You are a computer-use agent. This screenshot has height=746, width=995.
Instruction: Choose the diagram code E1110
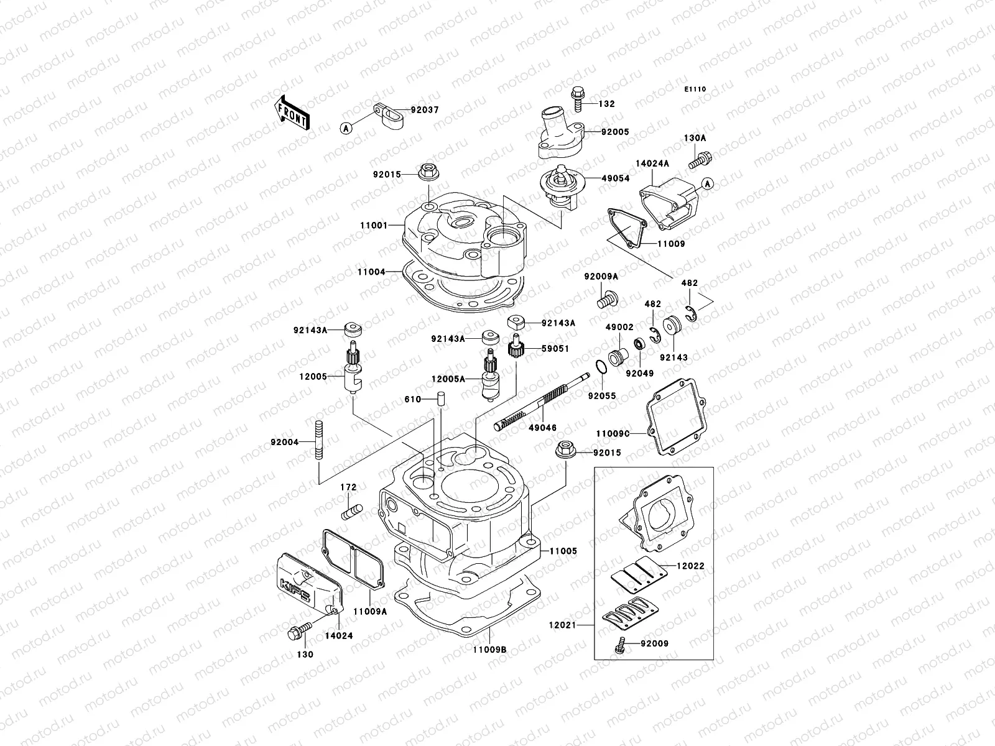[x=695, y=90]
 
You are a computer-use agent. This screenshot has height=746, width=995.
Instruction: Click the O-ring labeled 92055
[x=600, y=367]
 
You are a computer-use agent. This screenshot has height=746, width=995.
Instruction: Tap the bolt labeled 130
[x=297, y=632]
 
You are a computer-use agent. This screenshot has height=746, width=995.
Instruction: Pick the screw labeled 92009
[x=620, y=645]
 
